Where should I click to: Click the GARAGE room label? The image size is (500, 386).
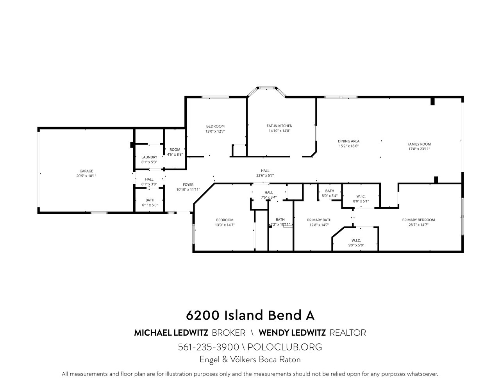tap(86, 171)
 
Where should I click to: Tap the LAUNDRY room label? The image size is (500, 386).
tap(149, 157)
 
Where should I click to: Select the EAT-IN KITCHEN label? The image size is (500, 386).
tap(279, 126)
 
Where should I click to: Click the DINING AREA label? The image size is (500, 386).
tap(348, 141)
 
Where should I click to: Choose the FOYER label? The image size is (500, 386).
tap(188, 185)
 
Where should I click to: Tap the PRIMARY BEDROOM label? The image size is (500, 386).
tap(418, 220)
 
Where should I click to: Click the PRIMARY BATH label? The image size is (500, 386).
tap(319, 220)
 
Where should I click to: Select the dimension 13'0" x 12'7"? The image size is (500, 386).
tap(215, 131)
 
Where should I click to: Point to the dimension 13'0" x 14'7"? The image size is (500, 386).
tap(225, 225)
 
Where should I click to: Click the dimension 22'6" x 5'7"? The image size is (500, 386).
tap(265, 175)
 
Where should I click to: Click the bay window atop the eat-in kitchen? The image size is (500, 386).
tap(267, 88)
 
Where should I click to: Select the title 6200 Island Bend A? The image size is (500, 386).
tap(250, 315)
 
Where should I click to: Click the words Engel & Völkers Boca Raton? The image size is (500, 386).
tap(250, 359)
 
